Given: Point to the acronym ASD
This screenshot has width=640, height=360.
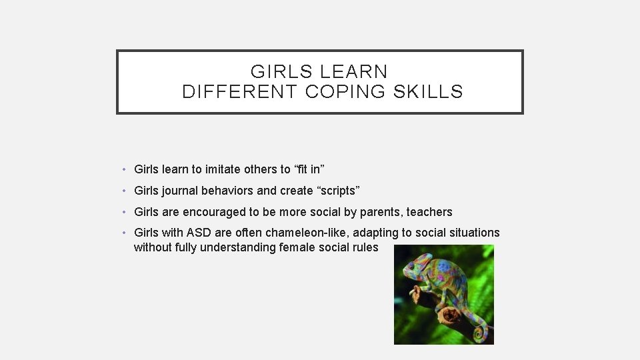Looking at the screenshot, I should click(199, 233).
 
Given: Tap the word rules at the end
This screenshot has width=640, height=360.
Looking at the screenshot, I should click(365, 247).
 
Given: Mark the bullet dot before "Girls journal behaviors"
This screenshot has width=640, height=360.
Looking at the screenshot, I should click(125, 191).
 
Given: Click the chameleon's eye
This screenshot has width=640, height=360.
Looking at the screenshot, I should click(411, 265).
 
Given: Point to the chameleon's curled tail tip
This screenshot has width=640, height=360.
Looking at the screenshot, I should click(478, 331).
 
